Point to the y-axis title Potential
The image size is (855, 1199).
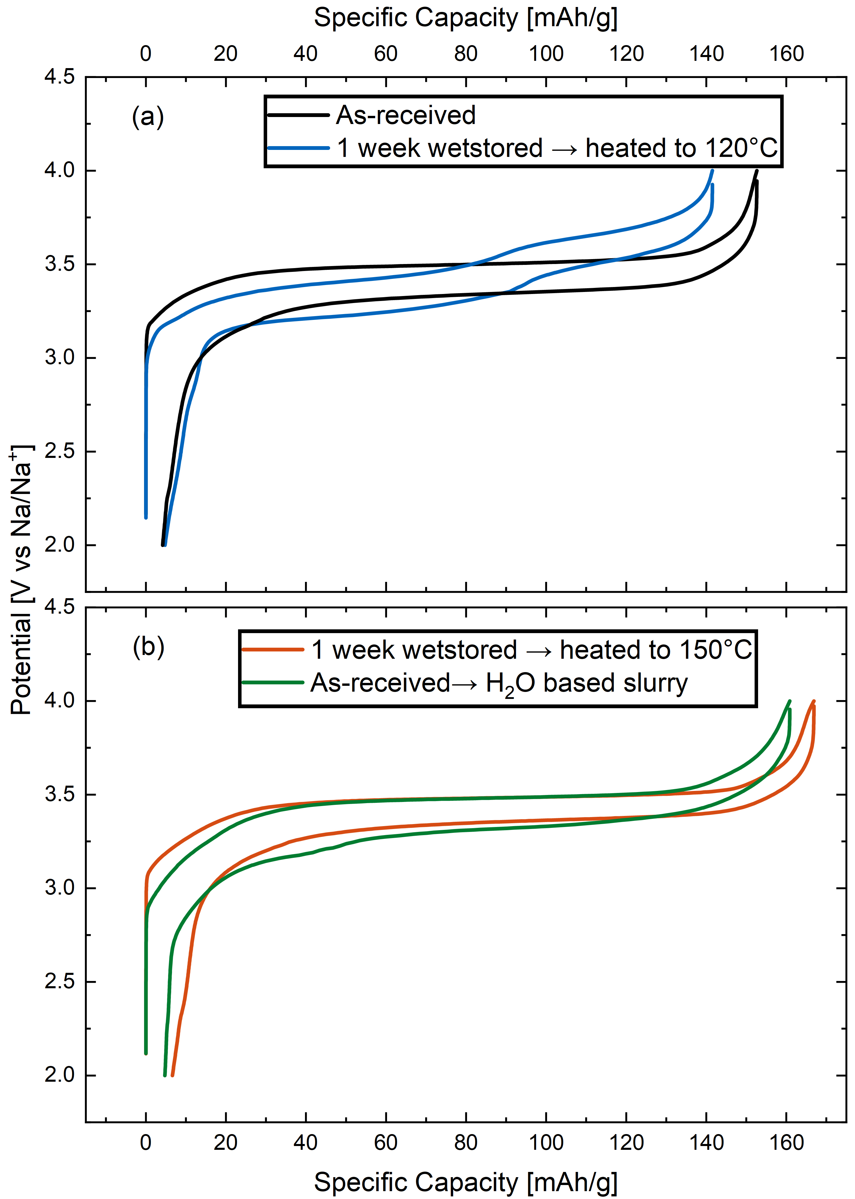[x=21, y=579]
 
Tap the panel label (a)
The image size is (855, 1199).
[x=148, y=116]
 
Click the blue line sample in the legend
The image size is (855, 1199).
[x=299, y=148]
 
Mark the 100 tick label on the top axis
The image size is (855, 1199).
[x=546, y=54]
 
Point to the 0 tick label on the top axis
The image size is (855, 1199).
[x=146, y=54]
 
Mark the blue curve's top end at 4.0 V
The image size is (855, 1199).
[x=712, y=171]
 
